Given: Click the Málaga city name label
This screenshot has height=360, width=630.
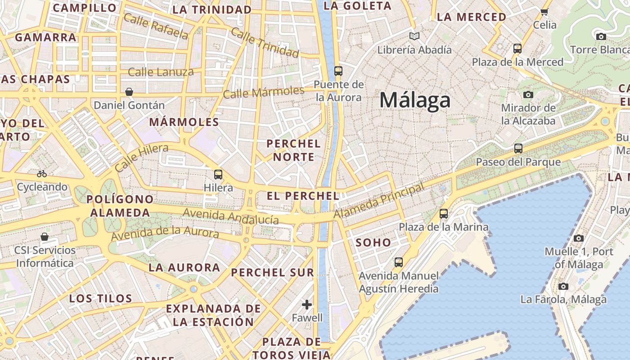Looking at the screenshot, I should [414, 100].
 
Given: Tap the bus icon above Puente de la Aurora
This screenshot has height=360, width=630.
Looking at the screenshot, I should [338, 71].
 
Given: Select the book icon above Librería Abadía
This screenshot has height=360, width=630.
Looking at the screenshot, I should [414, 36].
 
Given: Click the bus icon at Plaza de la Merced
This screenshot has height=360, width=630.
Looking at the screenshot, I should [517, 48].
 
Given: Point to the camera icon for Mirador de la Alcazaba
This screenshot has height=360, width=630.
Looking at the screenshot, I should [528, 94].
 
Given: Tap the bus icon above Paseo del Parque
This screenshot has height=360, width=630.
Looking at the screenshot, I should [518, 148].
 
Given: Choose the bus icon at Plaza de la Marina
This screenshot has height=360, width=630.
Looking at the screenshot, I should [444, 214].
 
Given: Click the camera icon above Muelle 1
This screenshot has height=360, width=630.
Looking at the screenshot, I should [579, 238].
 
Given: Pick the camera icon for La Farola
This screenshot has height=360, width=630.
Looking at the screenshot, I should [563, 286].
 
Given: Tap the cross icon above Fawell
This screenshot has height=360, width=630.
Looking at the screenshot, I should [307, 305].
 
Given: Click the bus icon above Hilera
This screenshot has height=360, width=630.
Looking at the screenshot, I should [218, 174].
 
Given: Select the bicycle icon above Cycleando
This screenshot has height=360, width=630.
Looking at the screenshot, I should [42, 173].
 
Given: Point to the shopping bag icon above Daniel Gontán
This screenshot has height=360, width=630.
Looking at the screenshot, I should [129, 92].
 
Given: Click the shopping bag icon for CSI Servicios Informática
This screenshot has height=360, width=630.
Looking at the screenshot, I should [45, 237].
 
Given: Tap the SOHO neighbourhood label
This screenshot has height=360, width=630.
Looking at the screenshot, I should [373, 243].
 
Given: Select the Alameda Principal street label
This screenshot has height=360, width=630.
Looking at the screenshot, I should [379, 201].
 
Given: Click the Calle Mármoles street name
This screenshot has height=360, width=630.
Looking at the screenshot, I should [263, 92].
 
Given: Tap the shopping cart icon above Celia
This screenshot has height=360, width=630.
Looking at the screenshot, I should [544, 12].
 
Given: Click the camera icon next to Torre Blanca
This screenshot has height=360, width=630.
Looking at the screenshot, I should [601, 36].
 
